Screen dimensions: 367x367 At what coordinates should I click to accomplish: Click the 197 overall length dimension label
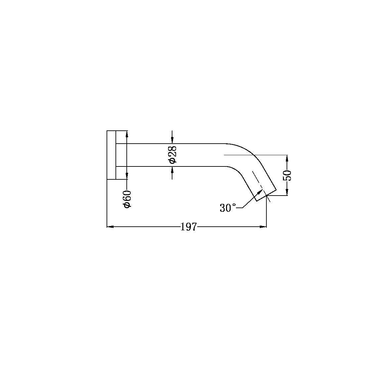pos(189,227)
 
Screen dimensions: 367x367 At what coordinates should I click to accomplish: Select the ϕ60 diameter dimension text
pos(127,199)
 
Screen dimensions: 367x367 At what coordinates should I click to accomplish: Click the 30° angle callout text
pos(228,208)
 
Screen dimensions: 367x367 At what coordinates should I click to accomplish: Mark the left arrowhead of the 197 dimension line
pos(110,227)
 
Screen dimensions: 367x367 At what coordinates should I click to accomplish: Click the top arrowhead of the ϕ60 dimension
pos(127,134)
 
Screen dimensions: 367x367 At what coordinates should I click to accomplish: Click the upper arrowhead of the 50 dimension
pos(287,158)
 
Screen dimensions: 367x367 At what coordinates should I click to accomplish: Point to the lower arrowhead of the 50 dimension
pos(287,192)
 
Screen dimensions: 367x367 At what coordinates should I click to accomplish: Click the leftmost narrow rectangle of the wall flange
pos(111,155)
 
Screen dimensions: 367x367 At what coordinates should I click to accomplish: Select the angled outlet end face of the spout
pos(266,196)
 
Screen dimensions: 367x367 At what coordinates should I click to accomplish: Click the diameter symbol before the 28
pos(173,160)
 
